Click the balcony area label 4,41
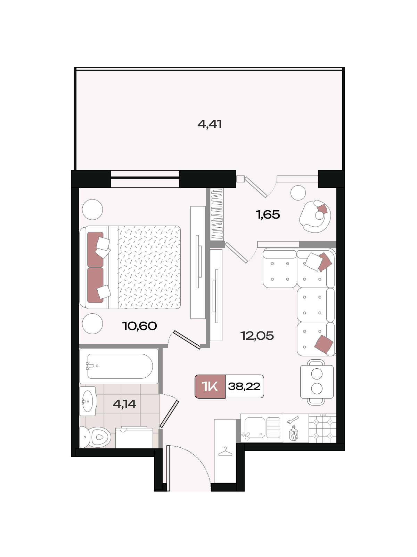click(x=210, y=124)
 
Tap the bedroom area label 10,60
click(x=139, y=326)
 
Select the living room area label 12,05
click(x=257, y=336)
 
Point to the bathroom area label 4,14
click(x=124, y=403)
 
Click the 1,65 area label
click(x=268, y=215)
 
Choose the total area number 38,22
click(x=244, y=386)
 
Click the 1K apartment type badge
click(x=210, y=386)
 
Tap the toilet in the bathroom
click(x=95, y=437)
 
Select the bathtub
click(x=119, y=366)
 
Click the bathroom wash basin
click(x=88, y=401)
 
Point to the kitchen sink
click(x=262, y=428)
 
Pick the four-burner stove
click(x=322, y=429)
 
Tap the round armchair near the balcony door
click(x=315, y=217)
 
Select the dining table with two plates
click(x=317, y=382)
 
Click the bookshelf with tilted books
click(x=217, y=214)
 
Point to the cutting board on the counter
click(x=294, y=433)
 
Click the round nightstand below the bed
click(x=92, y=324)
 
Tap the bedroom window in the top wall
click(x=145, y=179)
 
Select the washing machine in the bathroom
click(x=134, y=438)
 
